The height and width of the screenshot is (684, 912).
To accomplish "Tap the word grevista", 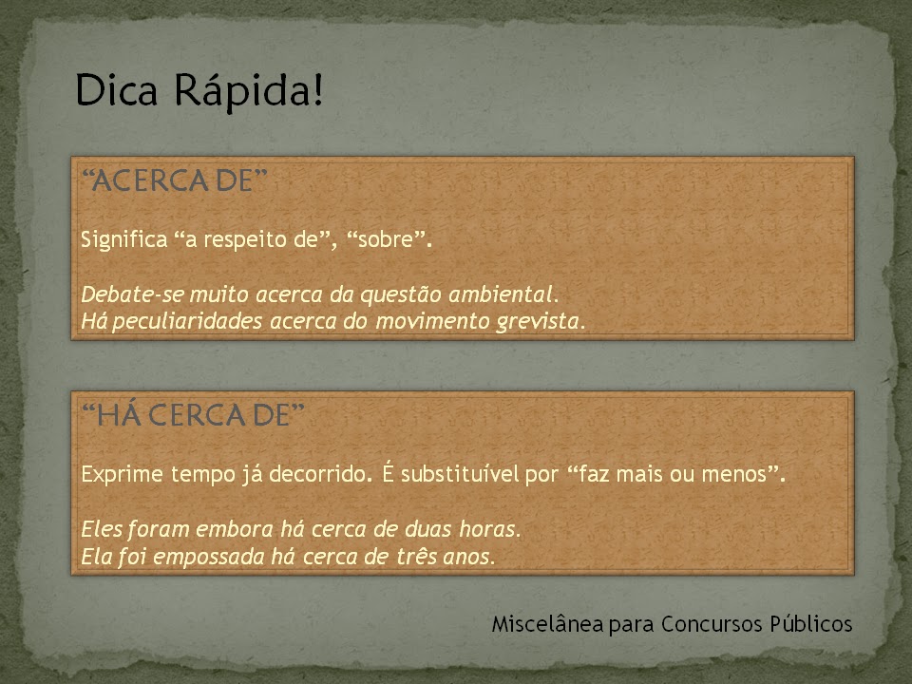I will [540, 322].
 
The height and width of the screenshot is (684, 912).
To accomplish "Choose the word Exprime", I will [120, 473].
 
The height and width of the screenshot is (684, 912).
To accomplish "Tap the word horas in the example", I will [492, 526].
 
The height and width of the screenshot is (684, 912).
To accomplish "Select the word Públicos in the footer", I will [810, 624].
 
